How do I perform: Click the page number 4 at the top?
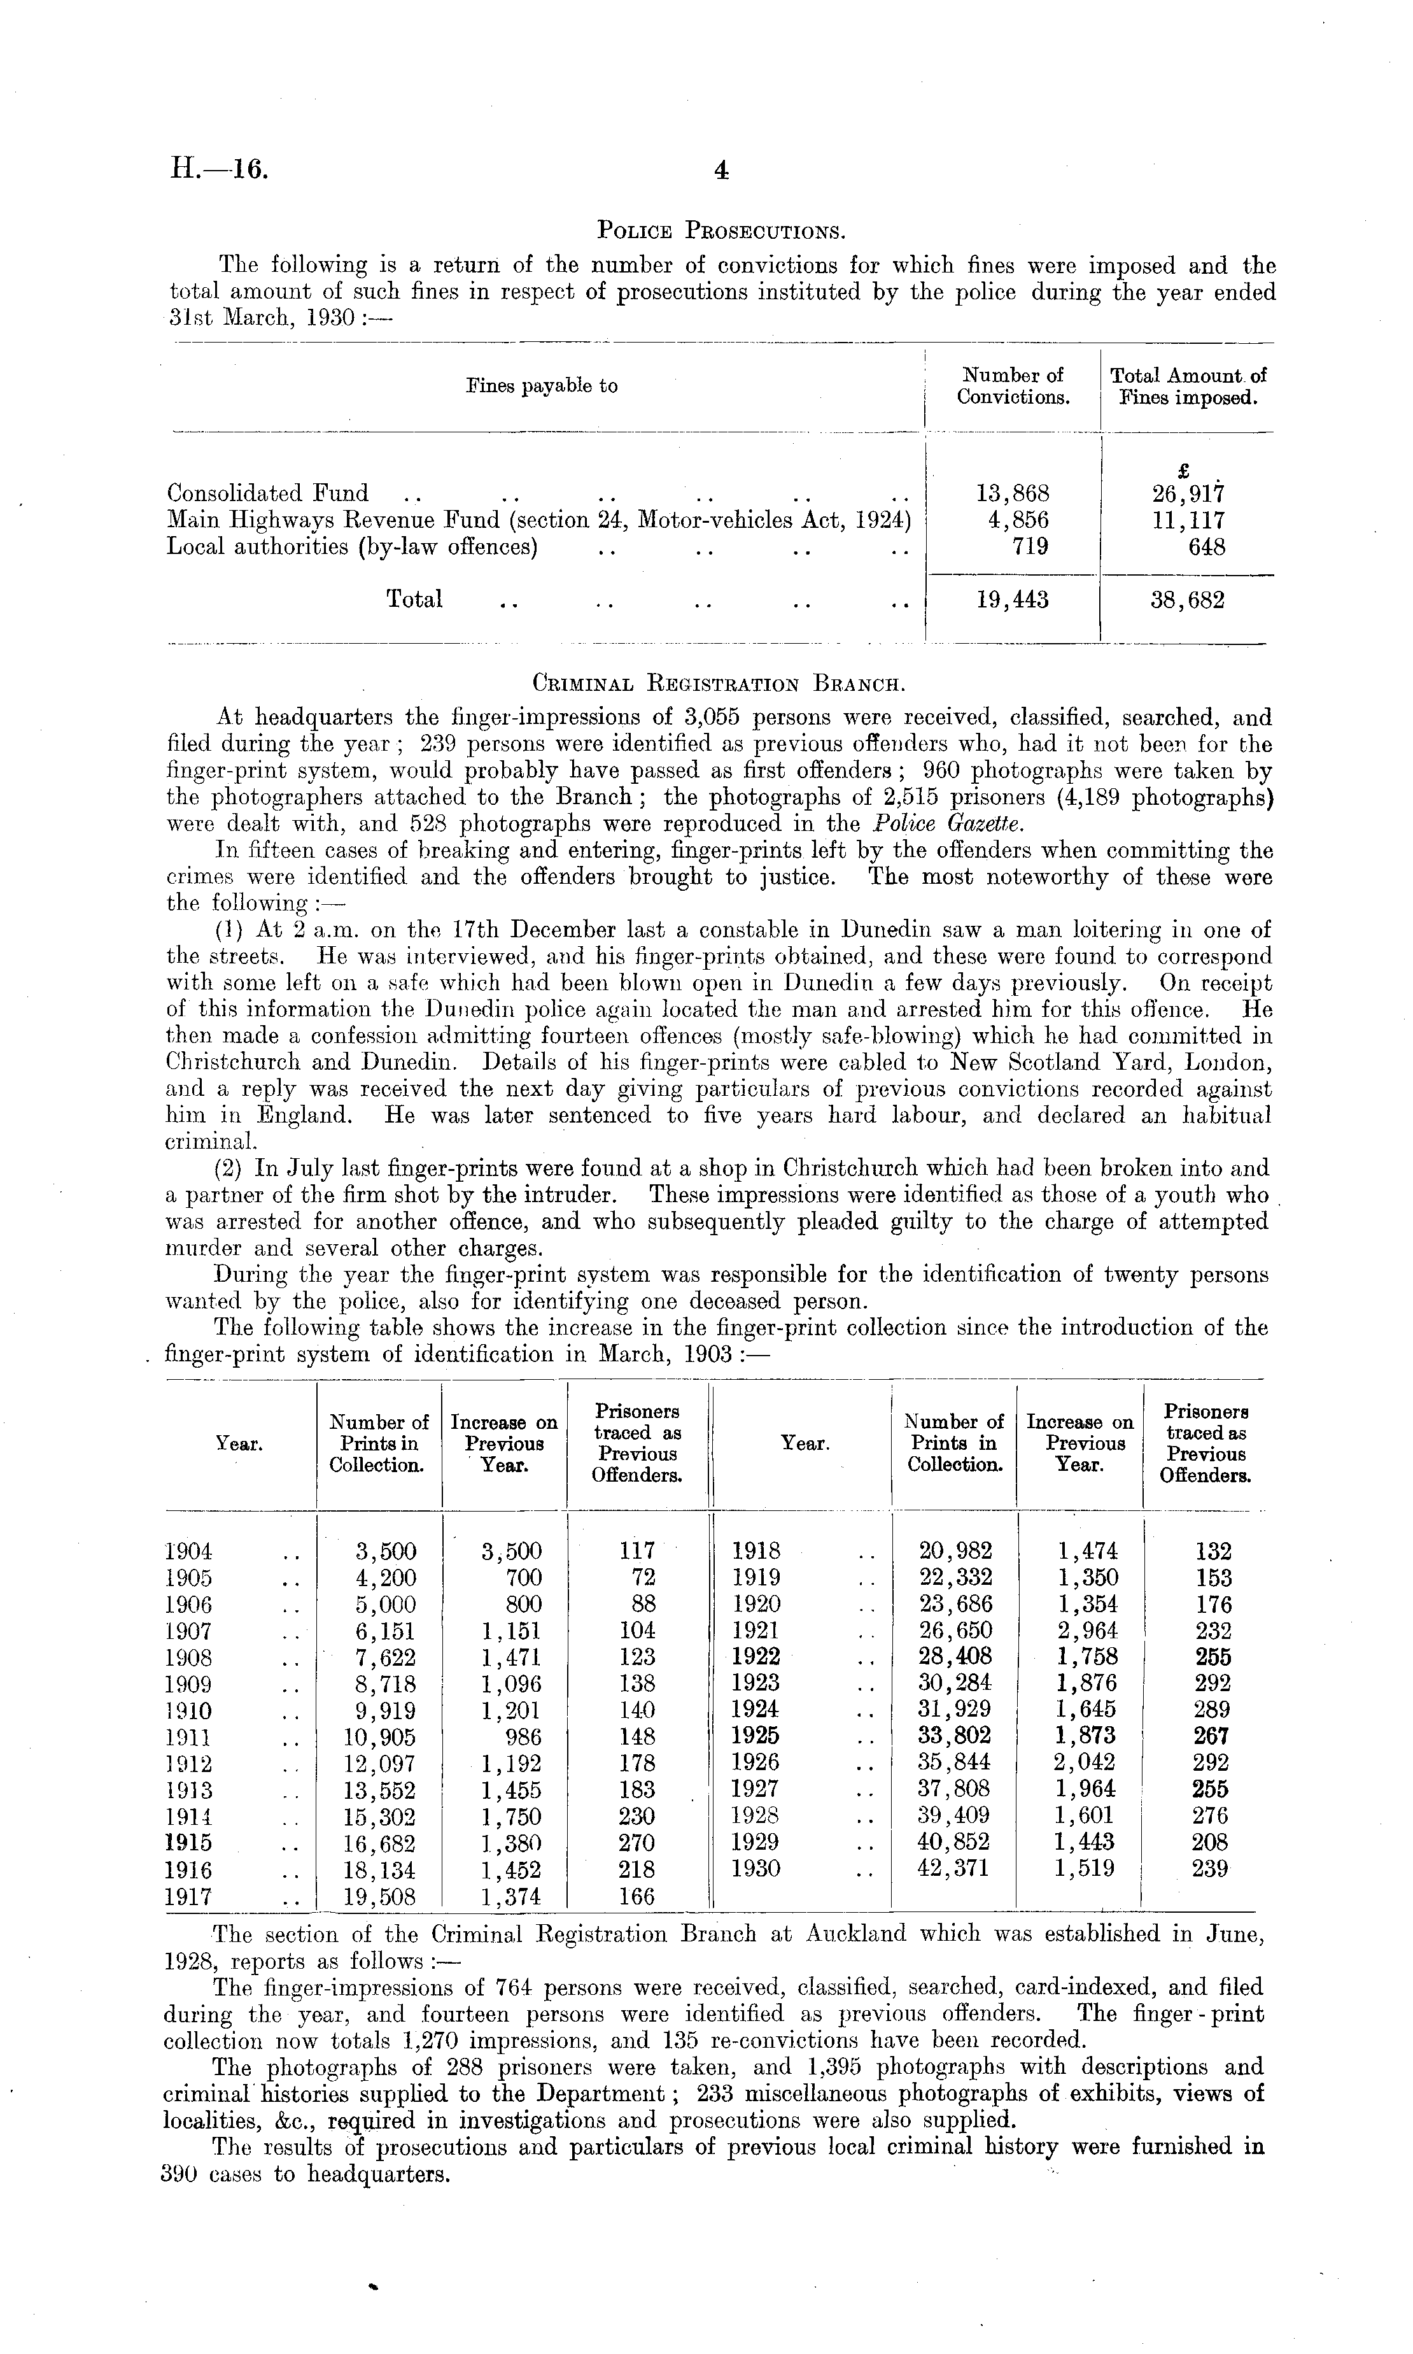click(x=721, y=171)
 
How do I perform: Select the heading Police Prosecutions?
click(x=721, y=230)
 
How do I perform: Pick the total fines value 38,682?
click(x=1186, y=600)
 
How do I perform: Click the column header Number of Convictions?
click(x=1013, y=386)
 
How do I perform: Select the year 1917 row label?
click(x=188, y=1896)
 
